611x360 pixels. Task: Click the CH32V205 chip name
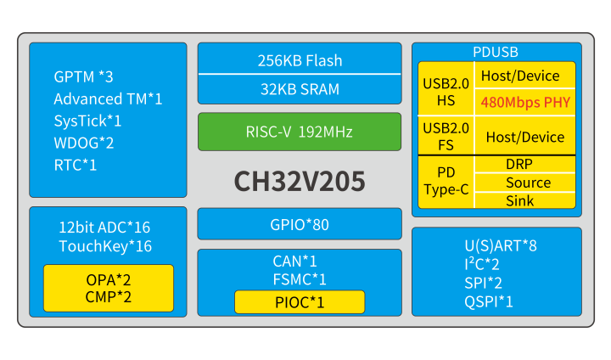300,182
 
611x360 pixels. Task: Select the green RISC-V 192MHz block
299,132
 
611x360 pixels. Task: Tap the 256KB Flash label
300,60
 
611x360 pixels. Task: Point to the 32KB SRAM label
300,89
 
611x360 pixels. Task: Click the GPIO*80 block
300,225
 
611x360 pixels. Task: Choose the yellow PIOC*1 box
300,301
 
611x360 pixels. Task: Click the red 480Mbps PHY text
524,103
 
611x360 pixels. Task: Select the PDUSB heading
496,52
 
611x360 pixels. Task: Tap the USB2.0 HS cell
446,91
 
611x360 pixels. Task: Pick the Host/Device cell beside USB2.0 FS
524,137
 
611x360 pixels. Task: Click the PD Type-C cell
446,182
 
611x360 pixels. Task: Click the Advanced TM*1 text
108,98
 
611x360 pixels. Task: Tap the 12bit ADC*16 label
104,228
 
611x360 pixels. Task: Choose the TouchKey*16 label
105,246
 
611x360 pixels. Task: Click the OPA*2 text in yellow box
109,279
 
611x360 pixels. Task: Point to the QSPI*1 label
489,301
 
